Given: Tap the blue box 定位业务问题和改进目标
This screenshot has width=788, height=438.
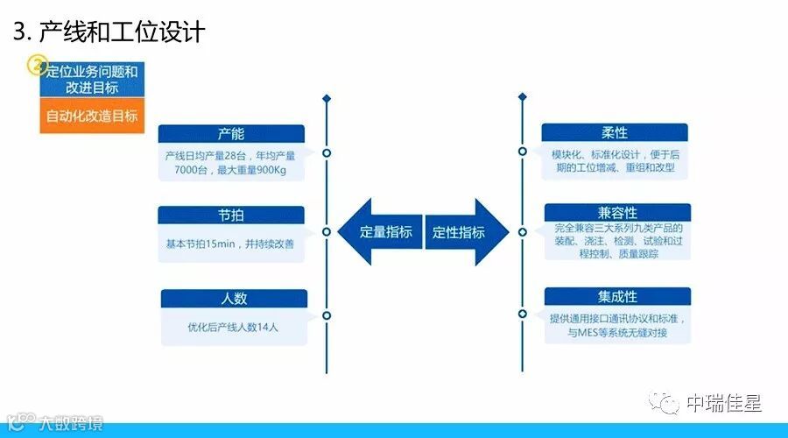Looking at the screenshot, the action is click(x=91, y=80).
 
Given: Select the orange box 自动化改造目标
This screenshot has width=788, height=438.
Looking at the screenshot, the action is click(x=91, y=116).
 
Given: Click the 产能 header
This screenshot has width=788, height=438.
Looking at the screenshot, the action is click(x=231, y=133).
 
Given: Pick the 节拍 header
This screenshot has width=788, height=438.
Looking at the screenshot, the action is click(x=231, y=215).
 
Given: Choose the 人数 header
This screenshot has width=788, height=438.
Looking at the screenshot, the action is click(x=234, y=298).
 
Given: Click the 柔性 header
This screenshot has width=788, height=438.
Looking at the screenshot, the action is click(x=615, y=132).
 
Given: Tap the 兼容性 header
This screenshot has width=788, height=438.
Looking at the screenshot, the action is click(x=617, y=213).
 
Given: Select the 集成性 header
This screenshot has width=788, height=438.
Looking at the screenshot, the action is click(x=617, y=296).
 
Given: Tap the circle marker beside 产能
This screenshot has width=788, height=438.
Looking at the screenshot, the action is click(x=326, y=152).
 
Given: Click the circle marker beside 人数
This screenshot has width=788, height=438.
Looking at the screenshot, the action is click(x=326, y=315).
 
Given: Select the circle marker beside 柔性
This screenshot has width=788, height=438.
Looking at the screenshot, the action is click(x=522, y=151).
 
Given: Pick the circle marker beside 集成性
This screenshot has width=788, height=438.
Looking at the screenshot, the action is click(x=522, y=314).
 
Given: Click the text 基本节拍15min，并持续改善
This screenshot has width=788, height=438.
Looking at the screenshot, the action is click(x=231, y=241).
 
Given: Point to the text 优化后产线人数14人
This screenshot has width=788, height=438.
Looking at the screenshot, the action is click(x=233, y=328).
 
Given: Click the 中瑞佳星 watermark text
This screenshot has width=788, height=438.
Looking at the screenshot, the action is click(x=723, y=404).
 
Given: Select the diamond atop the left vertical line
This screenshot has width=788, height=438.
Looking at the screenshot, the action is click(x=326, y=98).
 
